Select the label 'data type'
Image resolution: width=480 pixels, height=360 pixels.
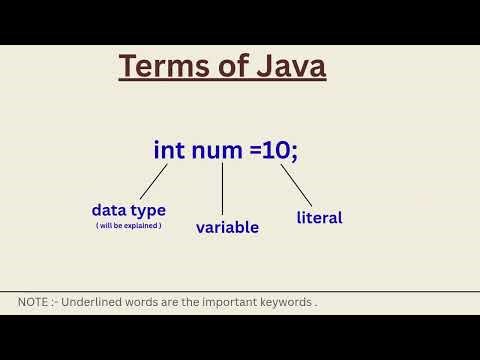coord(128,210)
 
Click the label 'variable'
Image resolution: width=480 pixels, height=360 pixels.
coord(227,227)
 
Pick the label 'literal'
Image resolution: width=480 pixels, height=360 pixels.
coord(319,217)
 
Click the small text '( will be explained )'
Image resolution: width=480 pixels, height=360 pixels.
coord(128,226)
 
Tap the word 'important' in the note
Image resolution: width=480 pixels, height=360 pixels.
coord(229,302)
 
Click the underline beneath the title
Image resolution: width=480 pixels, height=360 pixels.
coord(222,81)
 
